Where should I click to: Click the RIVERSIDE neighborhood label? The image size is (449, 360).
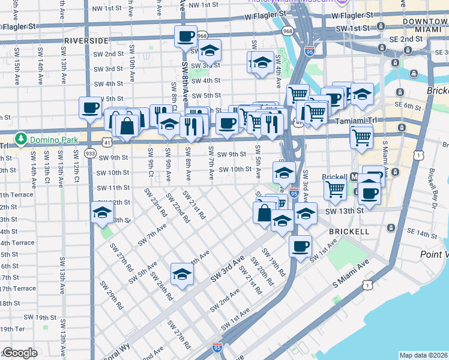click(x=86, y=40)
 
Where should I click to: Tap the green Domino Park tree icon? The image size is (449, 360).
click(x=21, y=139)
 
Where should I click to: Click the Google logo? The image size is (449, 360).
click(x=20, y=353)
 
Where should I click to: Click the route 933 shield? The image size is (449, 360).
click(x=91, y=154)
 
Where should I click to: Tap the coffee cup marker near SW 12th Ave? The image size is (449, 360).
click(x=90, y=108)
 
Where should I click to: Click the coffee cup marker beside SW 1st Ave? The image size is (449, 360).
click(x=300, y=245)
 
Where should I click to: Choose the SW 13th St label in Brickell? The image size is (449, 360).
click(x=345, y=211)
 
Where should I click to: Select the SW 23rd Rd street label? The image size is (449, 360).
click(x=155, y=202)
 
